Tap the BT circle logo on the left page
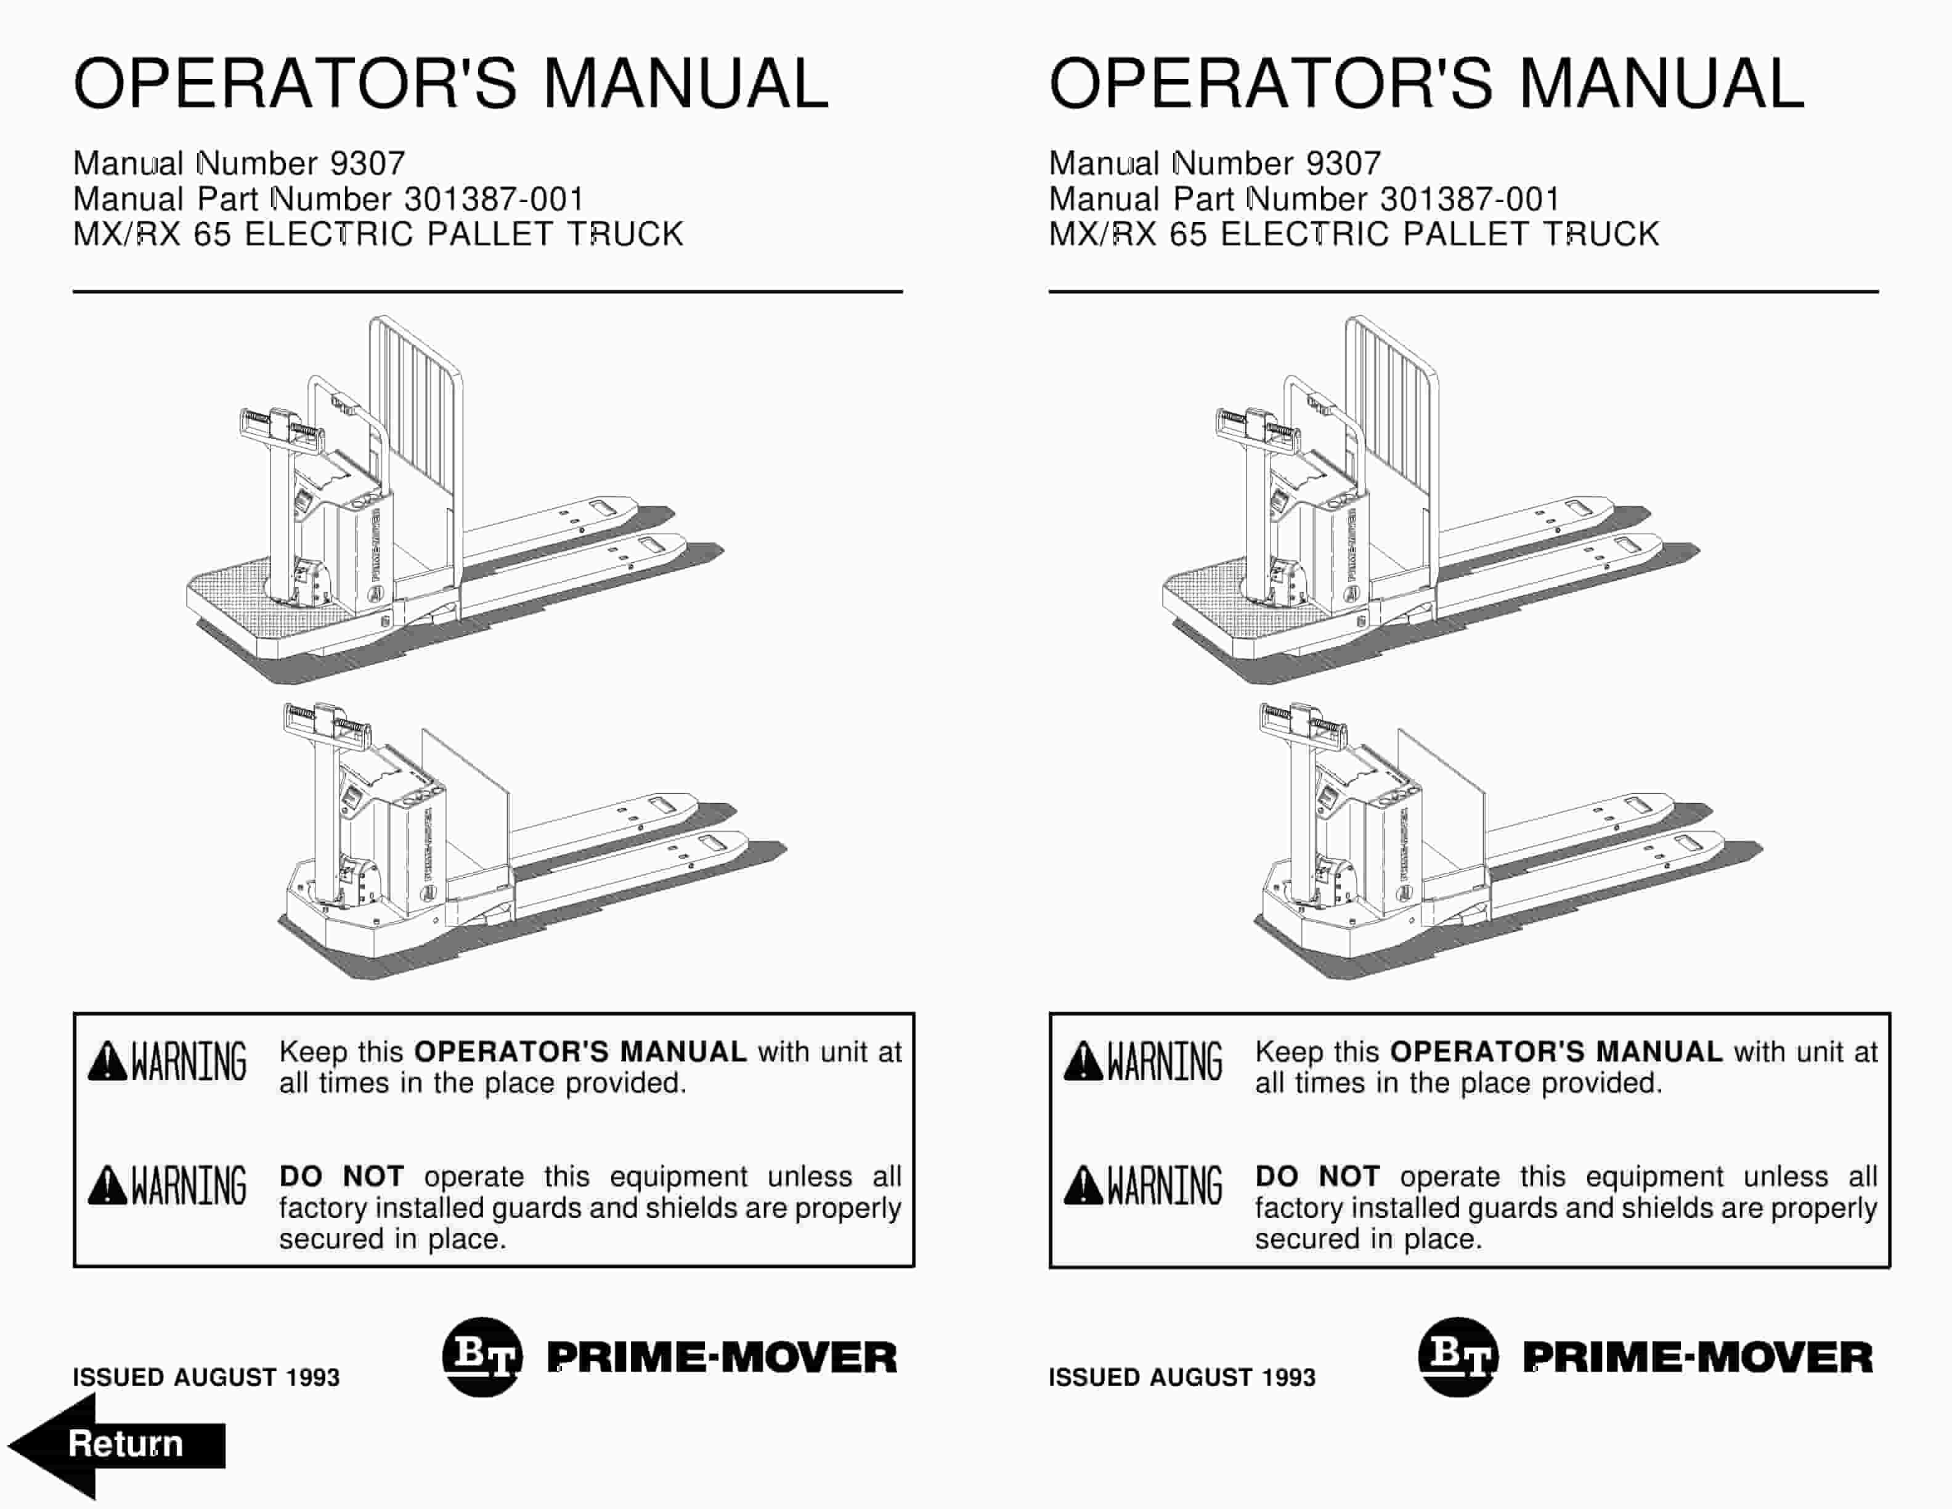coord(482,1357)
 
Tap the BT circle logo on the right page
coord(1458,1357)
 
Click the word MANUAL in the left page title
coord(686,84)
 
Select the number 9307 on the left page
coord(367,163)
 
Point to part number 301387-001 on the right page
coord(1470,199)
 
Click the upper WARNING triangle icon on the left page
coord(107,1061)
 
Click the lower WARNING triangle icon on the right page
coord(1083,1185)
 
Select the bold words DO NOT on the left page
coord(341,1176)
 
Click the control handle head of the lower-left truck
coord(326,723)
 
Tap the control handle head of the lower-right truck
coord(1302,723)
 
